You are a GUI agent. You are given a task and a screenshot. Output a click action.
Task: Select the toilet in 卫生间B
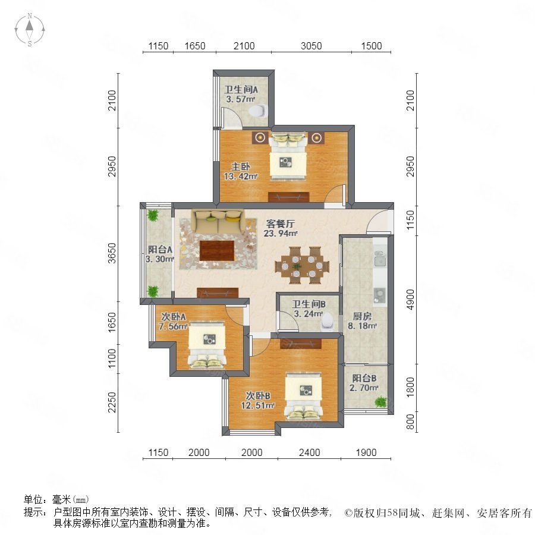coord(328,322)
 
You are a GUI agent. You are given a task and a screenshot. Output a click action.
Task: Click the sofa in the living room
coord(218,222)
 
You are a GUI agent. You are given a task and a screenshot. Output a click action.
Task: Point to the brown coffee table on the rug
coord(218,250)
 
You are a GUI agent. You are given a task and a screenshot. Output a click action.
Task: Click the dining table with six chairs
coord(302,266)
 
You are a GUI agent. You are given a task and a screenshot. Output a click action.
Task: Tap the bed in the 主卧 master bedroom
coord(288,156)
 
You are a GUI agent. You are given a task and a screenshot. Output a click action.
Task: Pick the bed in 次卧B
coord(304,396)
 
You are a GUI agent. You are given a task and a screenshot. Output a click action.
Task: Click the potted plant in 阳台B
coord(381,402)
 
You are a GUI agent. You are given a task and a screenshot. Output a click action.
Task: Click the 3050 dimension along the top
coord(311,46)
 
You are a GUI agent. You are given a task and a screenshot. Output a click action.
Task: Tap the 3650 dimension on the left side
coord(112,253)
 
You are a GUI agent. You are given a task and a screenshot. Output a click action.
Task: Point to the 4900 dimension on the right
coord(410,300)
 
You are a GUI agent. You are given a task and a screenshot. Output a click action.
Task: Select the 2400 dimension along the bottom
coord(309,452)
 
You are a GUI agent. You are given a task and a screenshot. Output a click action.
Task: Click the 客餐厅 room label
coord(280,224)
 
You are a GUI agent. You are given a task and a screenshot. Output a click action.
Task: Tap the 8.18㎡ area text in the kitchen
coord(363,326)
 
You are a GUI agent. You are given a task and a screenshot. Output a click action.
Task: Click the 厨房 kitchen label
coord(362,316)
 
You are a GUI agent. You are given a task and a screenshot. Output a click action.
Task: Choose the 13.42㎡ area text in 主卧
coord(241,177)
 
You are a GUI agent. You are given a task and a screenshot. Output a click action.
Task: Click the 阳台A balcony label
coord(160,250)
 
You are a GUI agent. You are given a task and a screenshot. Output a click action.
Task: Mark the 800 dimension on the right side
coord(410,421)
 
